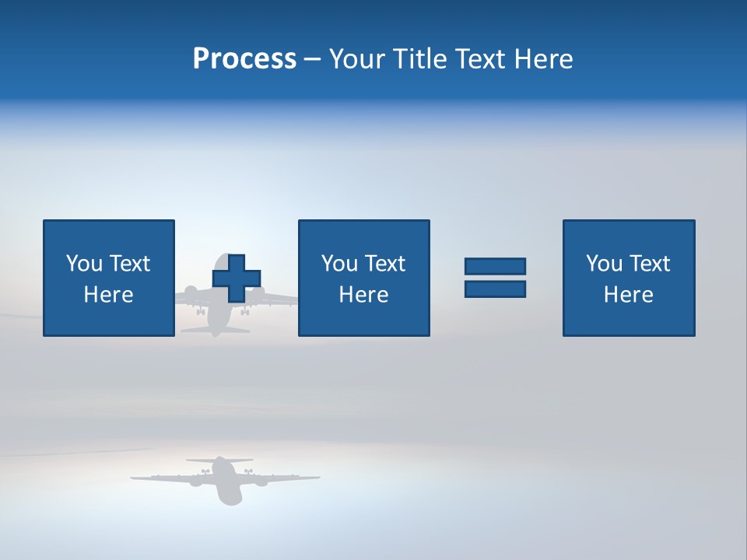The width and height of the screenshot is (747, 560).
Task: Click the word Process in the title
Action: pyautogui.click(x=244, y=59)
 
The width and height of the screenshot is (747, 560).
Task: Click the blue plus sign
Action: pyautogui.click(x=237, y=278)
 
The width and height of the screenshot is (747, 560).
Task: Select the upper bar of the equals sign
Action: pyautogui.click(x=495, y=266)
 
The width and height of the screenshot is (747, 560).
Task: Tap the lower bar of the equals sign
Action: pyautogui.click(x=495, y=289)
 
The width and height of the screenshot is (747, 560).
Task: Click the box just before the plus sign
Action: pyautogui.click(x=108, y=278)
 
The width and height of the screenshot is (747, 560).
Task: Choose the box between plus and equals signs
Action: pyautogui.click(x=363, y=278)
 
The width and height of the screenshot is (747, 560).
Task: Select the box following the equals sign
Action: pyautogui.click(x=628, y=278)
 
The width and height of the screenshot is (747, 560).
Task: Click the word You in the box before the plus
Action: pyautogui.click(x=84, y=264)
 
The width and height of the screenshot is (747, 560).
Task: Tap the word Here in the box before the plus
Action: pyautogui.click(x=108, y=295)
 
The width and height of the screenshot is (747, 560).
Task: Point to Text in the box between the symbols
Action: pyautogui.click(x=385, y=264)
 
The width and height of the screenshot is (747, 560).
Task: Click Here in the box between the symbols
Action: pyautogui.click(x=363, y=295)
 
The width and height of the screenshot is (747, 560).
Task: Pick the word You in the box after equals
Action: pyautogui.click(x=604, y=264)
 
